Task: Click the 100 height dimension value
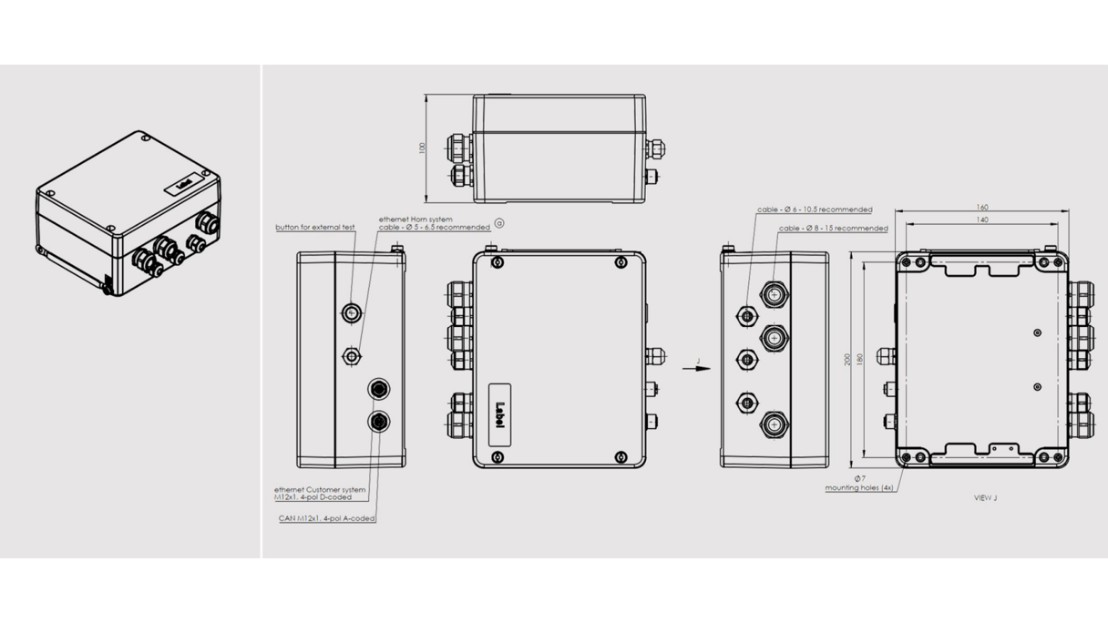(x=422, y=148)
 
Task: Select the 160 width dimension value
(x=981, y=208)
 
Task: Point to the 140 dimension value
(x=981, y=220)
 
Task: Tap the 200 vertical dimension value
(x=848, y=359)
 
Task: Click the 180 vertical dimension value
(x=860, y=359)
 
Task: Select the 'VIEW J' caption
(x=985, y=498)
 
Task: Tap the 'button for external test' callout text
(x=315, y=227)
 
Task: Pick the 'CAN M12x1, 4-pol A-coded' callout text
(x=327, y=518)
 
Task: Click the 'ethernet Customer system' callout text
(x=320, y=489)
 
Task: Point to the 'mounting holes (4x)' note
(x=858, y=488)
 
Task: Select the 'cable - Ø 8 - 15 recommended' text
(x=833, y=229)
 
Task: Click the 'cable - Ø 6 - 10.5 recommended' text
(x=815, y=209)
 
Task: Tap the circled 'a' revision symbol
(x=499, y=223)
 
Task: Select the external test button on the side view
(x=351, y=313)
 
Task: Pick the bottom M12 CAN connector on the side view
(x=379, y=421)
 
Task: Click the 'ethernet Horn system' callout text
(x=415, y=220)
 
